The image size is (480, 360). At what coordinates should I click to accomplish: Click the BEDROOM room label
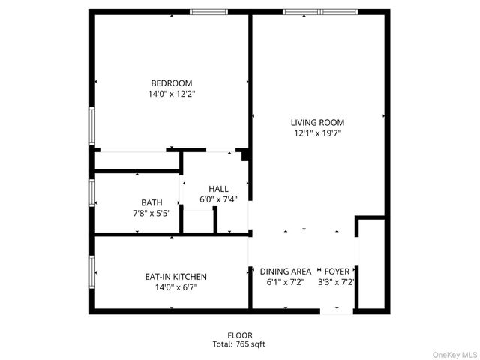tap(171, 83)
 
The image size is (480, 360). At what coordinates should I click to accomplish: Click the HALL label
tap(218, 189)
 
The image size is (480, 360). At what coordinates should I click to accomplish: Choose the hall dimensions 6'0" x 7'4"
tap(218, 200)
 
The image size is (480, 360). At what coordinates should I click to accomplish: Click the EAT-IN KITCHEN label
tap(175, 277)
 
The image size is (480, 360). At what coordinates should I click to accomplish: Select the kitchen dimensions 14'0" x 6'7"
tap(175, 288)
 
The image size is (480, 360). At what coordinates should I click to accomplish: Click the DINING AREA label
tap(286, 271)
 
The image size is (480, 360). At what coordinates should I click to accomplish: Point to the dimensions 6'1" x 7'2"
tap(286, 282)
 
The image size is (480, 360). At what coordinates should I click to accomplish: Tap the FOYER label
tap(336, 271)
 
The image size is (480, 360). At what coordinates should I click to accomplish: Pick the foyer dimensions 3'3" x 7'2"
tap(336, 282)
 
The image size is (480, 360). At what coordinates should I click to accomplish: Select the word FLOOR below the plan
tap(240, 335)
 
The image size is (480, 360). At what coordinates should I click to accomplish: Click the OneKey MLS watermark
tap(451, 352)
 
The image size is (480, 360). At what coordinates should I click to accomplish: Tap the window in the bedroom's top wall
tap(208, 12)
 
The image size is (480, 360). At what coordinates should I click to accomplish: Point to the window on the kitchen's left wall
tap(92, 273)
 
